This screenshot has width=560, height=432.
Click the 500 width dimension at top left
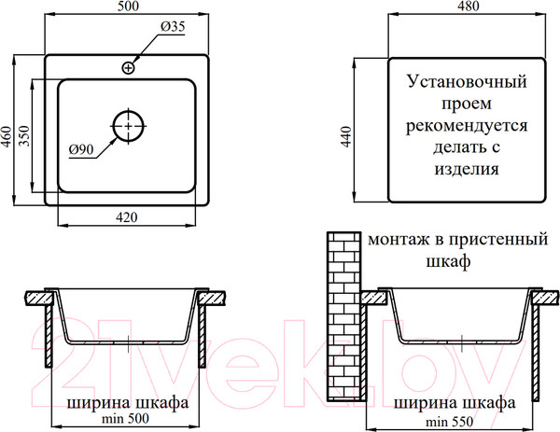(x=128, y=7)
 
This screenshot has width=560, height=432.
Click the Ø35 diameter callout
(x=173, y=26)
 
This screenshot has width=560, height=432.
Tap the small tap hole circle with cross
(x=128, y=67)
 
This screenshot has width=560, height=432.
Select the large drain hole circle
(x=129, y=126)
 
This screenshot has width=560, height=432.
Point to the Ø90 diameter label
(x=81, y=149)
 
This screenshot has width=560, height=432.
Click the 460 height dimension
(x=7, y=136)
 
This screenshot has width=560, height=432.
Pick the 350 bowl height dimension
(x=24, y=135)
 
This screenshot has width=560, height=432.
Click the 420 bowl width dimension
(x=126, y=216)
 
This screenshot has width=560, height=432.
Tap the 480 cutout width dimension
(x=468, y=7)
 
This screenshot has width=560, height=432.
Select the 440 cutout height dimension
(x=346, y=136)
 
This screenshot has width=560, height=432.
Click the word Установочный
(x=467, y=82)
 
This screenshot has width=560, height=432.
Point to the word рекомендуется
(x=467, y=126)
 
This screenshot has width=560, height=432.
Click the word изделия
(x=467, y=169)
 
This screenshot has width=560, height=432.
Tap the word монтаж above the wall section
(x=399, y=240)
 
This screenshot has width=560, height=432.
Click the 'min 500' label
(x=125, y=418)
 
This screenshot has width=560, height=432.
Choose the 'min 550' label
(x=449, y=422)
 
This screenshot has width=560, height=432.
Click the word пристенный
(x=497, y=240)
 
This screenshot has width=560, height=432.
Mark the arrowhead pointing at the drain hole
(x=112, y=141)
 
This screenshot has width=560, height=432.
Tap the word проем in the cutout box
(x=467, y=105)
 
